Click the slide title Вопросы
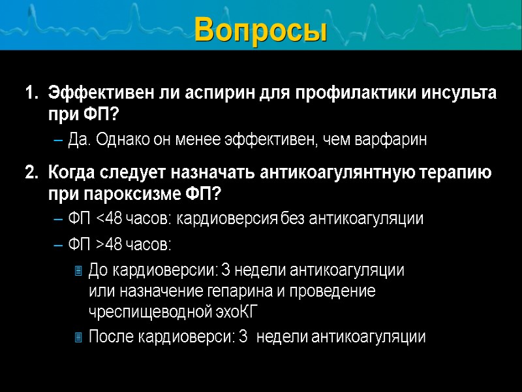[260, 29]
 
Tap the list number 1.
[29, 93]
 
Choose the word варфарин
[396, 140]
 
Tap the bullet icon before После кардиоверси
[78, 337]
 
